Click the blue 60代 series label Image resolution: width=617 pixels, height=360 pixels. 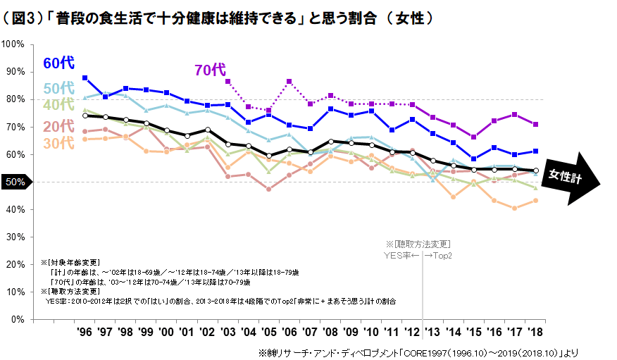tap(58, 63)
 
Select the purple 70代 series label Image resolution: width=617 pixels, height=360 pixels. tap(209, 70)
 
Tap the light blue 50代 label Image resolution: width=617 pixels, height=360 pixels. tap(58, 88)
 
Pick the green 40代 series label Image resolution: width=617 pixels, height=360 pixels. tap(58, 105)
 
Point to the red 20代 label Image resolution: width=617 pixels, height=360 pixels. tap(58, 126)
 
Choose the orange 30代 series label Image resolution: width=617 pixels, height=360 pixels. tap(58, 143)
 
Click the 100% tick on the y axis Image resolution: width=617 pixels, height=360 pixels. tap(14, 44)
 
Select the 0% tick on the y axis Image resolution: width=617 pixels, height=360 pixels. tap(18, 319)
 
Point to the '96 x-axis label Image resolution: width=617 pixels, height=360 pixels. tap(85, 332)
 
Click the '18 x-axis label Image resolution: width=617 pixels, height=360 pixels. tap(536, 332)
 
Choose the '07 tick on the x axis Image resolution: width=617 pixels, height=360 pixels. tap(310, 332)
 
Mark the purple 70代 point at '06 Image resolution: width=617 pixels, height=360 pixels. tap(289, 82)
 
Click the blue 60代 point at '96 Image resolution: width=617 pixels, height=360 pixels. tap(85, 77)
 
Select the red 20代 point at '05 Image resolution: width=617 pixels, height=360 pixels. tap(269, 189)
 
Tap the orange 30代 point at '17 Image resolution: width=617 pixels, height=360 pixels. tap(516, 208)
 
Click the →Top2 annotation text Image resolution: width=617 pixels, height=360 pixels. tap(439, 254)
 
